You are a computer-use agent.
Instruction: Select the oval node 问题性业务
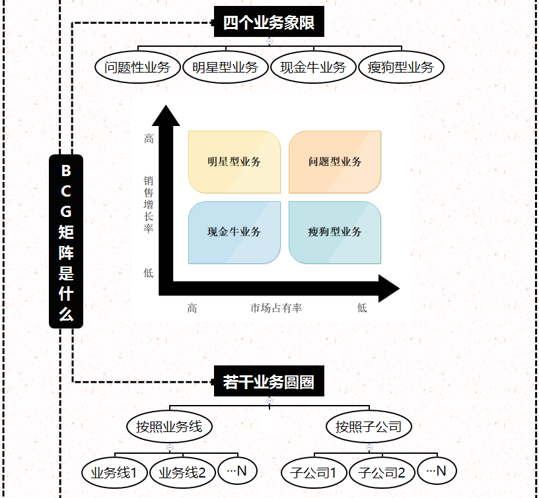(x=137, y=67)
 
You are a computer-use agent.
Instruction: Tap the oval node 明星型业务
(x=225, y=67)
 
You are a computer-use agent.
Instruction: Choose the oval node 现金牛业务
(x=313, y=67)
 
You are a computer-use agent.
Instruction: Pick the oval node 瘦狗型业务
(x=401, y=67)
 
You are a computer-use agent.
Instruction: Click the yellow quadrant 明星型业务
(x=234, y=162)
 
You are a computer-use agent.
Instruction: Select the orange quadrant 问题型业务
(x=335, y=162)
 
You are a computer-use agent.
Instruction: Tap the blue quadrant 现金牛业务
(x=234, y=232)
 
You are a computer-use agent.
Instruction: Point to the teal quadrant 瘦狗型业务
(x=335, y=232)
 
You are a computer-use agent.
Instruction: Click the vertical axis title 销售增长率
(x=149, y=204)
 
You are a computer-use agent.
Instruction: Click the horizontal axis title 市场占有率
(x=276, y=308)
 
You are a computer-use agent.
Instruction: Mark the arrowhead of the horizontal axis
(x=388, y=288)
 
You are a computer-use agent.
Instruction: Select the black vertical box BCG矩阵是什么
(x=66, y=241)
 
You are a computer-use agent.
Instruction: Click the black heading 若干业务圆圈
(x=269, y=382)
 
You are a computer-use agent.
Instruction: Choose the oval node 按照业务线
(x=169, y=427)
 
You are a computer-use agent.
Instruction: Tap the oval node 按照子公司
(x=369, y=427)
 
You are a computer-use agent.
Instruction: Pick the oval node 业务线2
(x=182, y=473)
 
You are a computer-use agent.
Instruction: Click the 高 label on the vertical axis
(x=149, y=139)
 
